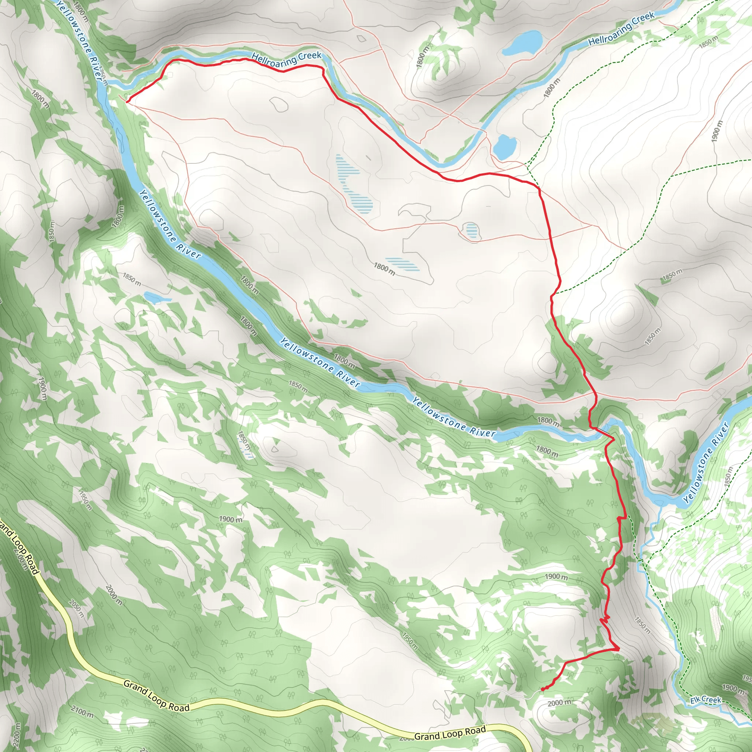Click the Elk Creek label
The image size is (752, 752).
pyautogui.click(x=706, y=701)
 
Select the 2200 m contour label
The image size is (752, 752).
pyautogui.click(x=18, y=734)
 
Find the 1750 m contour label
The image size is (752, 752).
pyautogui.click(x=102, y=76)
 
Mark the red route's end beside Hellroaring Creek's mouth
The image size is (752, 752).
pyautogui.click(x=127, y=101)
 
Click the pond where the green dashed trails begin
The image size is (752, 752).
pyautogui.click(x=505, y=147)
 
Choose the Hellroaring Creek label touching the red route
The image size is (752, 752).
pyautogui.click(x=286, y=59)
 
